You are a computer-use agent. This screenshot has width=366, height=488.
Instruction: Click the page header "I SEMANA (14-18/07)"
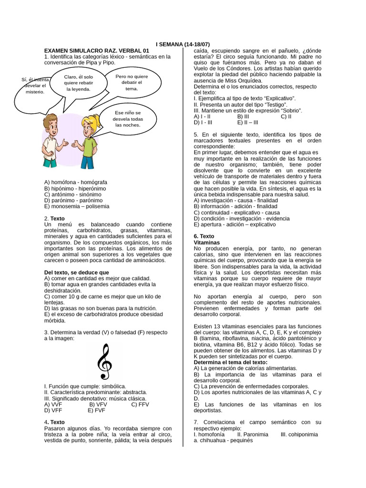click(x=183, y=44)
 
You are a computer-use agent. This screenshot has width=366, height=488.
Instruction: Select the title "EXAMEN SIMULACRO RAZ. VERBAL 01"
click(x=96, y=51)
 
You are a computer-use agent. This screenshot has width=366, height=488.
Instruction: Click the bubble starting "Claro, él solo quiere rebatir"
click(x=78, y=83)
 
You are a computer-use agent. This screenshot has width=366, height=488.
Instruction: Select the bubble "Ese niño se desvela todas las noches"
click(x=127, y=119)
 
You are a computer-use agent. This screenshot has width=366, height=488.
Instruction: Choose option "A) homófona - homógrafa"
click(x=75, y=183)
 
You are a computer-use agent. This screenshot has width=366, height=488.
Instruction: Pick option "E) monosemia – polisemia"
click(x=76, y=207)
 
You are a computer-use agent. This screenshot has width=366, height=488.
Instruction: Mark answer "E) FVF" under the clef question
click(x=97, y=410)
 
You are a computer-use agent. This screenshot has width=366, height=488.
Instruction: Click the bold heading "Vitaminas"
click(x=207, y=243)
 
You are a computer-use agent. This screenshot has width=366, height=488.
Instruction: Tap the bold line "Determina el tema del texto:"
click(x=231, y=362)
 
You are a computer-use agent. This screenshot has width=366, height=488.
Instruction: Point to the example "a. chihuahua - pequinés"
click(x=223, y=440)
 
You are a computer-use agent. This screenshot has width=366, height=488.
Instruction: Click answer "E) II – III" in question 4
click(x=247, y=122)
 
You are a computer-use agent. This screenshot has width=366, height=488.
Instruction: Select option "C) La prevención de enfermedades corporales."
click(x=251, y=386)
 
